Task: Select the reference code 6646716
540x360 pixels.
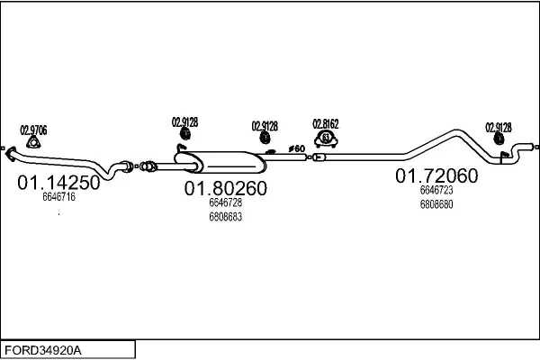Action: [x=58, y=197]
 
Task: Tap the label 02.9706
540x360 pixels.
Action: [x=33, y=130]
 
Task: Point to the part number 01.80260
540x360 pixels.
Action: [x=226, y=189]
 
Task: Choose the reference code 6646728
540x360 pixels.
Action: [x=225, y=203]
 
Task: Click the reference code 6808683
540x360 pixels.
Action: [x=225, y=217]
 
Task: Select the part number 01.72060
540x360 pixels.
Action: [x=436, y=176]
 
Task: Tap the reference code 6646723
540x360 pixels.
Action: [x=436, y=190]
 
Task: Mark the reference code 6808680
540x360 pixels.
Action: [x=436, y=204]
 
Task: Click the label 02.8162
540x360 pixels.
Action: [x=325, y=123]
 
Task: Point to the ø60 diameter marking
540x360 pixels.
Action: [x=296, y=148]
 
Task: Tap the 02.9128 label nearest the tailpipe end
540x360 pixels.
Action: [x=498, y=127]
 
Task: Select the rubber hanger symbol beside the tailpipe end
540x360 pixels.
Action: [x=499, y=140]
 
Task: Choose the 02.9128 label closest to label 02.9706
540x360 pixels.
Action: [x=184, y=121]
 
